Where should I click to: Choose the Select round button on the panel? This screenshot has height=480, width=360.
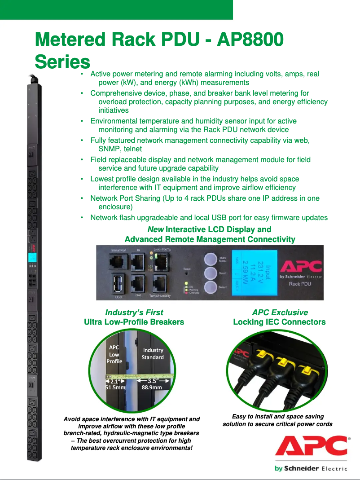coord(211,288)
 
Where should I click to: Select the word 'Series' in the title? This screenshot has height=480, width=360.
coord(62,62)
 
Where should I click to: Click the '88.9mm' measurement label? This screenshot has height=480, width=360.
coord(152,387)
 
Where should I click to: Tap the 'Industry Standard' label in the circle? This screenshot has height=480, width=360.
coord(153,353)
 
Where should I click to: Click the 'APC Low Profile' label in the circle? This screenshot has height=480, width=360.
coord(114,354)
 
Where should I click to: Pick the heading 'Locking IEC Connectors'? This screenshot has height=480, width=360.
coord(279,321)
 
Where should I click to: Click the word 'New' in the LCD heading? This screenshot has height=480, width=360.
coord(155,229)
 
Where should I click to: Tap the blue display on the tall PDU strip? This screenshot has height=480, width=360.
coord(32,258)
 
